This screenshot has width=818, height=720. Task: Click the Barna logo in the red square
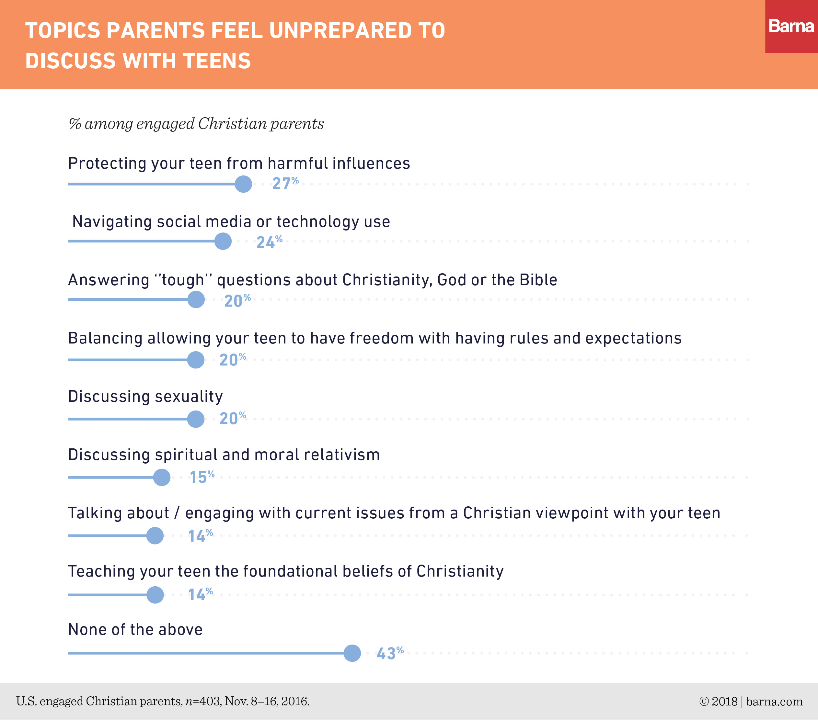791,27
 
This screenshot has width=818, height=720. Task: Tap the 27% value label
285,183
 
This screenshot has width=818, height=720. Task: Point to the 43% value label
390,653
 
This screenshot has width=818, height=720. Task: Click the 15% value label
202,477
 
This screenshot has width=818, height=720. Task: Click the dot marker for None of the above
352,653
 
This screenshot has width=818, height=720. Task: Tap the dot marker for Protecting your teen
243,184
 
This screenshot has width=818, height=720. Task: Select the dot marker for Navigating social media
223,241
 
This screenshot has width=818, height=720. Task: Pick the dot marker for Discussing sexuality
196,419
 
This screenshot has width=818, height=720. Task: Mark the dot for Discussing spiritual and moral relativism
162,477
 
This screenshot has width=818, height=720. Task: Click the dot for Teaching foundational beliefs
155,595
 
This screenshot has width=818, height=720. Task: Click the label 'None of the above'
135,630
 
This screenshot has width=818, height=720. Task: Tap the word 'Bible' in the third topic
538,280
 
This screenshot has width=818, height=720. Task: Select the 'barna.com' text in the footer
774,702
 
